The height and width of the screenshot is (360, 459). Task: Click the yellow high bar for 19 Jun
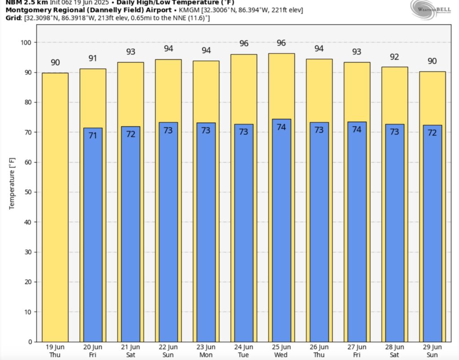pos(55,206)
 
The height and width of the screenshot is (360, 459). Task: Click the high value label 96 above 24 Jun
pos(244,44)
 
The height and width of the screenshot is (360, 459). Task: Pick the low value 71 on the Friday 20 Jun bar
pos(93,135)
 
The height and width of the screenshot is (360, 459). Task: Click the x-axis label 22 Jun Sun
pos(169,351)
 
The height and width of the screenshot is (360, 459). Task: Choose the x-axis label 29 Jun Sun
pos(432,351)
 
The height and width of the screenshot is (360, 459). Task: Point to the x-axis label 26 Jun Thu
pos(319,351)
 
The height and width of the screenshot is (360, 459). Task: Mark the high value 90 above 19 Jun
pos(55,63)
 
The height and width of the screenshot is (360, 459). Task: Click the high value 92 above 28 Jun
pos(394,57)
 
